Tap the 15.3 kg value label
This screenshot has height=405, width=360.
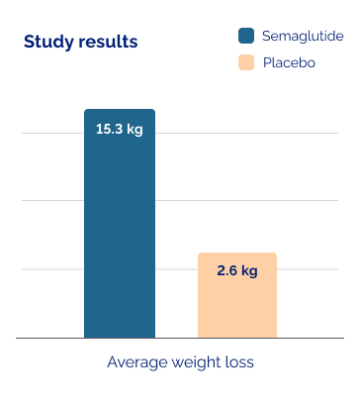tap(119, 129)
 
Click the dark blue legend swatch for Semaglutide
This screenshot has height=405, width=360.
tap(246, 37)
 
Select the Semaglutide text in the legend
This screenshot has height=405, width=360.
tap(303, 37)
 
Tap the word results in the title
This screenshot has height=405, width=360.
tap(105, 42)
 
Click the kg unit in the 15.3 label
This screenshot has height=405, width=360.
tap(134, 129)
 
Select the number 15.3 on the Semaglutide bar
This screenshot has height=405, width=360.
tap(109, 129)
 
